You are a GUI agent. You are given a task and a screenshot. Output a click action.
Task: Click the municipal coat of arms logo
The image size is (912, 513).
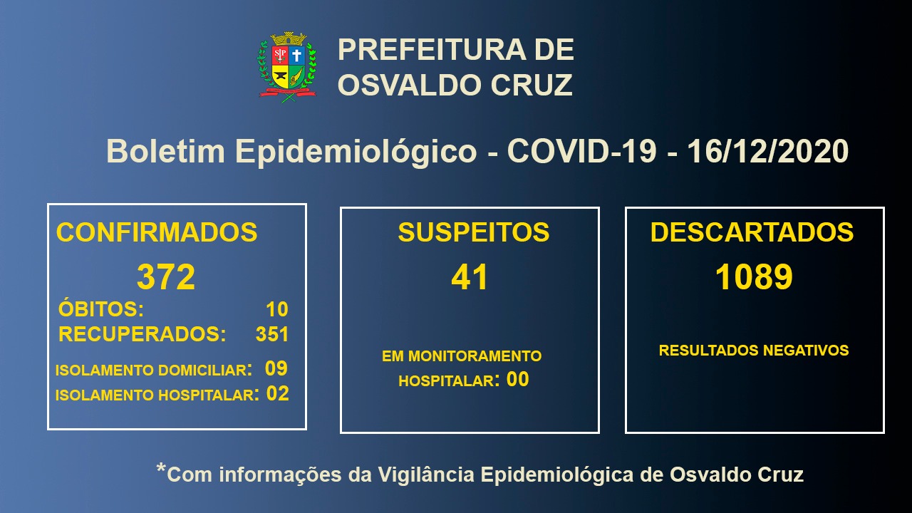pos(287,67)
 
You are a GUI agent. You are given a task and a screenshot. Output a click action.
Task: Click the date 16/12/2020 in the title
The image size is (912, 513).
pos(768,151)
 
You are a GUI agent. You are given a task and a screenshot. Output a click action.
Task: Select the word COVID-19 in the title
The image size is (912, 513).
pos(581,151)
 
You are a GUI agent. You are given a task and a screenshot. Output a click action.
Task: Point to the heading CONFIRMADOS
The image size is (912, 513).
pos(157,232)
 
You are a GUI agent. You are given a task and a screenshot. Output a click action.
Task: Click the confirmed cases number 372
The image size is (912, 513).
pos(166,277)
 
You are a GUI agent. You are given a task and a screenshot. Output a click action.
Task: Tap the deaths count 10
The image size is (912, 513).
pos(277,309)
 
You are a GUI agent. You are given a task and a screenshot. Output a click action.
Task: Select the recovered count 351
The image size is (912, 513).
pos(272,334)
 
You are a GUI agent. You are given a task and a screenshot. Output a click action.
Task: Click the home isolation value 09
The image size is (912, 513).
pos(276,368)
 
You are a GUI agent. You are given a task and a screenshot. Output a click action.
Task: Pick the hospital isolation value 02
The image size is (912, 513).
pos(278,394)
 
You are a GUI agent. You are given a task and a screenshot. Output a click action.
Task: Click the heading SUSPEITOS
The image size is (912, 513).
pos(474,232)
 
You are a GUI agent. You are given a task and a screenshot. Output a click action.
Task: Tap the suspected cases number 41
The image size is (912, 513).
pos(470,277)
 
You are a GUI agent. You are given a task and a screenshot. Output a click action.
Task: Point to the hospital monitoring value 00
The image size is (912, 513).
pos(517,380)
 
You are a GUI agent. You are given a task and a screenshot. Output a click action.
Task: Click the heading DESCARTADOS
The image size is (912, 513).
pos(752,232)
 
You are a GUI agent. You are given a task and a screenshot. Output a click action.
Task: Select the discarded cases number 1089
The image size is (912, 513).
pos(754,277)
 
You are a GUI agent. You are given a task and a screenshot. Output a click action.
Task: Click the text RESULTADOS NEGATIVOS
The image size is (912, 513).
pos(754,350)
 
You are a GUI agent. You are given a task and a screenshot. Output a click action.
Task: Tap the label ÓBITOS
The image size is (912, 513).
pos(101,309)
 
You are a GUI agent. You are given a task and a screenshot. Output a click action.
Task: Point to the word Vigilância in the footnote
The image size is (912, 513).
pos(426,475)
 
